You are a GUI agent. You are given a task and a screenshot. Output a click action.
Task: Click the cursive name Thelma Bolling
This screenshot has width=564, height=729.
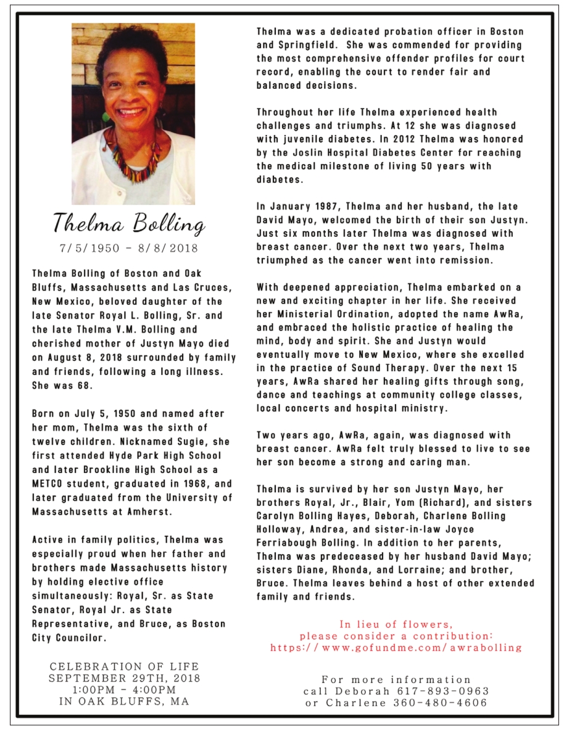(x=128, y=224)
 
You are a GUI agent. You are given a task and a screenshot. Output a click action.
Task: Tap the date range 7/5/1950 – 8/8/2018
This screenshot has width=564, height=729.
(x=128, y=249)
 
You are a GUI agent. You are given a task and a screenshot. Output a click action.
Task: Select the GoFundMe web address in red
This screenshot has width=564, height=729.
(x=396, y=648)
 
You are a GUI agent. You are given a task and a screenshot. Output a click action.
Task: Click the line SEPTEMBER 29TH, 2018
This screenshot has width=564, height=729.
(x=124, y=678)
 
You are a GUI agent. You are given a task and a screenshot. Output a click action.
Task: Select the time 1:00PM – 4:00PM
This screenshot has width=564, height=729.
(x=124, y=689)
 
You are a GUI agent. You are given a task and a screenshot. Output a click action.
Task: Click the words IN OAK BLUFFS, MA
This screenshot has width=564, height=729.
(x=124, y=701)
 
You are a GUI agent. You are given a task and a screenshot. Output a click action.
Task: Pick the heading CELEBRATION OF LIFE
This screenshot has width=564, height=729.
(x=124, y=667)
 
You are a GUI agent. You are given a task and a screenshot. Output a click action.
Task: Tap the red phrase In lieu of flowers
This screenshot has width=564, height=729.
(x=396, y=624)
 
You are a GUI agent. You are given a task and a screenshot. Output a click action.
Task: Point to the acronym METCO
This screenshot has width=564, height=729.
(x=49, y=484)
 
